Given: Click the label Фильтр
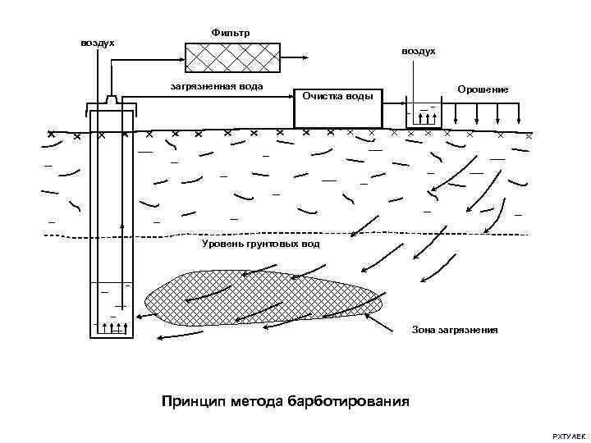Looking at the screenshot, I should click(x=231, y=32).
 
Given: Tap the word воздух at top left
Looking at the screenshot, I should click(x=97, y=42).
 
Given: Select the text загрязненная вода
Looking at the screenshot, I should click(x=214, y=84).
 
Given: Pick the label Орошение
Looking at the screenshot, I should click(x=483, y=89).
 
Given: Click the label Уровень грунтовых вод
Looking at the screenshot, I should click(x=260, y=244).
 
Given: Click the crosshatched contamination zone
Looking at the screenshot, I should click(x=263, y=298).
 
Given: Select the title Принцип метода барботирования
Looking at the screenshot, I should click(x=286, y=401).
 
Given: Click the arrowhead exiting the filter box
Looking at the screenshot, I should click(x=305, y=57).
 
